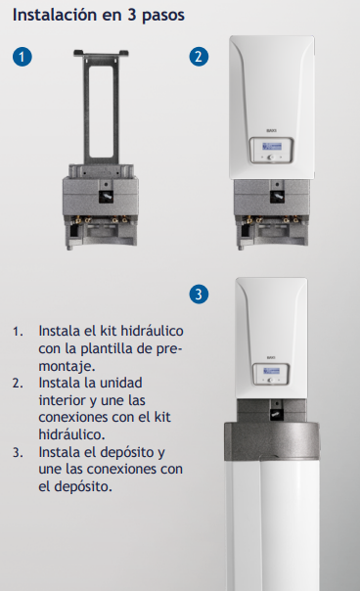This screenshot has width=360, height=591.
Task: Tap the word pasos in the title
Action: pyautogui.click(x=163, y=17)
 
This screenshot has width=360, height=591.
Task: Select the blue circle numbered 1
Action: pyautogui.click(x=22, y=57)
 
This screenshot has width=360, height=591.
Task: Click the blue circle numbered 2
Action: pyautogui.click(x=199, y=57)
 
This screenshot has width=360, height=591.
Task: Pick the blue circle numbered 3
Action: pyautogui.click(x=199, y=295)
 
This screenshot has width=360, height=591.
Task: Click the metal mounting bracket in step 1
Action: pyautogui.click(x=101, y=108)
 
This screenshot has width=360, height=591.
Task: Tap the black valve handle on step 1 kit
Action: pyautogui.click(x=106, y=197)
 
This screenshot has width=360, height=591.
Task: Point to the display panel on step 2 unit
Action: pyautogui.click(x=271, y=151)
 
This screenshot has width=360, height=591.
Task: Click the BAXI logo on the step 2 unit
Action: pyautogui.click(x=271, y=130)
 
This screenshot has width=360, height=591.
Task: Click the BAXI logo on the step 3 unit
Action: pyautogui.click(x=271, y=357)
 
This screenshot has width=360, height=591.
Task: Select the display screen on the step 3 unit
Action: pyautogui.click(x=271, y=371)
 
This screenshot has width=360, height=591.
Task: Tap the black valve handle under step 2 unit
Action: pyautogui.click(x=277, y=197)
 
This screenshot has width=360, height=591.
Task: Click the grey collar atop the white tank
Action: pyautogui.click(x=271, y=441)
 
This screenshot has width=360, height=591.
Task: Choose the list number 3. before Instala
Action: pyautogui.click(x=18, y=452)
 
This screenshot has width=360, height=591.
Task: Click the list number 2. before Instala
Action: pyautogui.click(x=18, y=384)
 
